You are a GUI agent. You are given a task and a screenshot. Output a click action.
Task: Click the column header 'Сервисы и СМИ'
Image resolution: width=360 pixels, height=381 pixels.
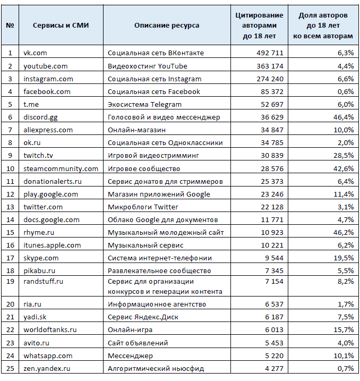[61, 26]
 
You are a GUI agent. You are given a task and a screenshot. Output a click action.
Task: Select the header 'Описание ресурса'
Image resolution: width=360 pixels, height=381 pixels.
[167, 26]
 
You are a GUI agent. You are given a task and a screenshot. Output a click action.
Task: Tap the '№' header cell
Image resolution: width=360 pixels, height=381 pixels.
[10, 26]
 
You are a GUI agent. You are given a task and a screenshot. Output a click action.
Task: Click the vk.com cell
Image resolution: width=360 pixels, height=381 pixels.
[35, 53]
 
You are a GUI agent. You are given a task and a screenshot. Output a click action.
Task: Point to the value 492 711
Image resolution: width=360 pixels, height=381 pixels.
[270, 53]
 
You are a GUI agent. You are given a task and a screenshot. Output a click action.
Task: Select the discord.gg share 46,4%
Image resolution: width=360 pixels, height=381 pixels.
[344, 117]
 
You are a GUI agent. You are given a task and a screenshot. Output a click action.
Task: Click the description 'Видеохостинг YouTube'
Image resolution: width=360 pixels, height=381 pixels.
[148, 66]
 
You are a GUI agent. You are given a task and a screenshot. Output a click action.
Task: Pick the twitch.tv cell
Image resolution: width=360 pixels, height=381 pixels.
[38, 156]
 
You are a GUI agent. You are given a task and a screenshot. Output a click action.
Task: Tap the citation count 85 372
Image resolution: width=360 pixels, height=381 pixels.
[272, 91]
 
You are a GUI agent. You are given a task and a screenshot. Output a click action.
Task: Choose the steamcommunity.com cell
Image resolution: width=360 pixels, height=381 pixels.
[61, 168]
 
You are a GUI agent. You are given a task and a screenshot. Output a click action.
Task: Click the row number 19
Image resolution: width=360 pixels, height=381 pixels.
[10, 282]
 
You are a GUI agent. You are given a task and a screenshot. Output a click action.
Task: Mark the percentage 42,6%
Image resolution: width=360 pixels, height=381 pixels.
[344, 168]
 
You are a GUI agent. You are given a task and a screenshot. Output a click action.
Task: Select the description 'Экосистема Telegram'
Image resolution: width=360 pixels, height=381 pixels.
[144, 105]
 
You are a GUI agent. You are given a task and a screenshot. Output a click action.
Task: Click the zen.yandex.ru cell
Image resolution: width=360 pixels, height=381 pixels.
[47, 369]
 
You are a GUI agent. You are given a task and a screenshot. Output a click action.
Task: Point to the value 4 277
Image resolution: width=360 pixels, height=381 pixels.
[275, 369]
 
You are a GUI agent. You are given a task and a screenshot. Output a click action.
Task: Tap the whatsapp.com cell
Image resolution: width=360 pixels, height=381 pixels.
[48, 356]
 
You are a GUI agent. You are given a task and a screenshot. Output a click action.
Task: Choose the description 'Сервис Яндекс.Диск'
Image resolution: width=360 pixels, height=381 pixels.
[143, 317]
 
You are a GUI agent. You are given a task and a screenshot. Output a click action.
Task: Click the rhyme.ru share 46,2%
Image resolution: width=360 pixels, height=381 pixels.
[344, 233]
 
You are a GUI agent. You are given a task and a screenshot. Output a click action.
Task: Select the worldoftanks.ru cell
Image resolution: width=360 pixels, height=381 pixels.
[50, 330]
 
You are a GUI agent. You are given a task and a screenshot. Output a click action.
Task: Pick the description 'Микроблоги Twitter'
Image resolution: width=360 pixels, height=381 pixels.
[143, 207]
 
